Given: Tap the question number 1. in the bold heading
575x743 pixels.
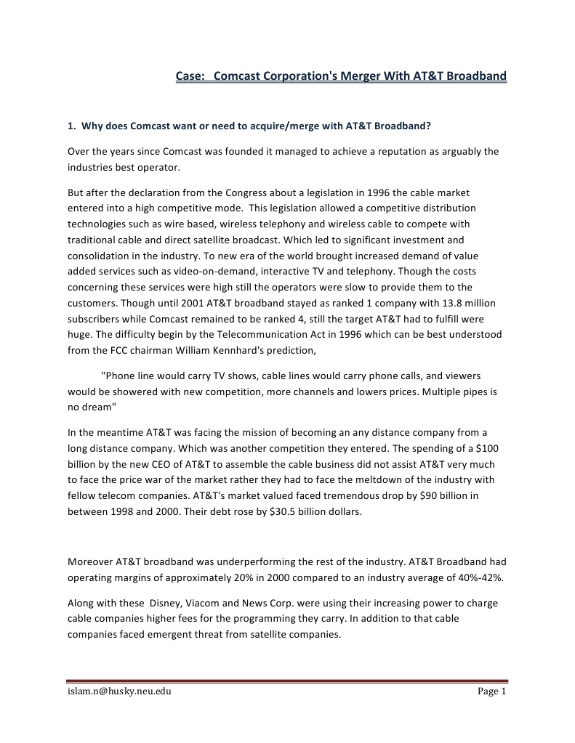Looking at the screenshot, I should coord(72,125).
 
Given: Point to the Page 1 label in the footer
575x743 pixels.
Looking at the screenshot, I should coord(491,691).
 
